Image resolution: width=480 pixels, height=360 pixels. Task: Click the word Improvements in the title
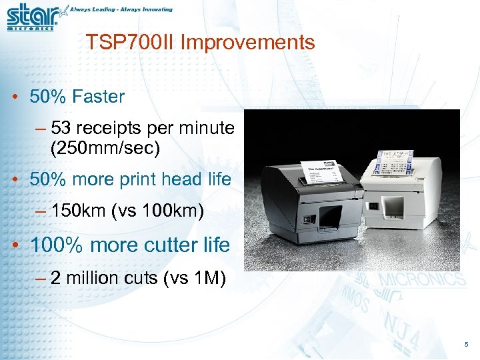pos(247,43)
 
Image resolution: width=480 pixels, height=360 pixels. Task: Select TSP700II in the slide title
pos(130,43)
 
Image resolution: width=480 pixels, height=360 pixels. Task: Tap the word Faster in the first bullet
pos(99,97)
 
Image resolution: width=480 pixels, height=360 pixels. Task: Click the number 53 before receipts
pos(60,128)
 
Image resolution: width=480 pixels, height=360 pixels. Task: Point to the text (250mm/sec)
pos(105,147)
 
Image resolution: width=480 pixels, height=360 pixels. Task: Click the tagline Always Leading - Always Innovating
pos(121,9)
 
